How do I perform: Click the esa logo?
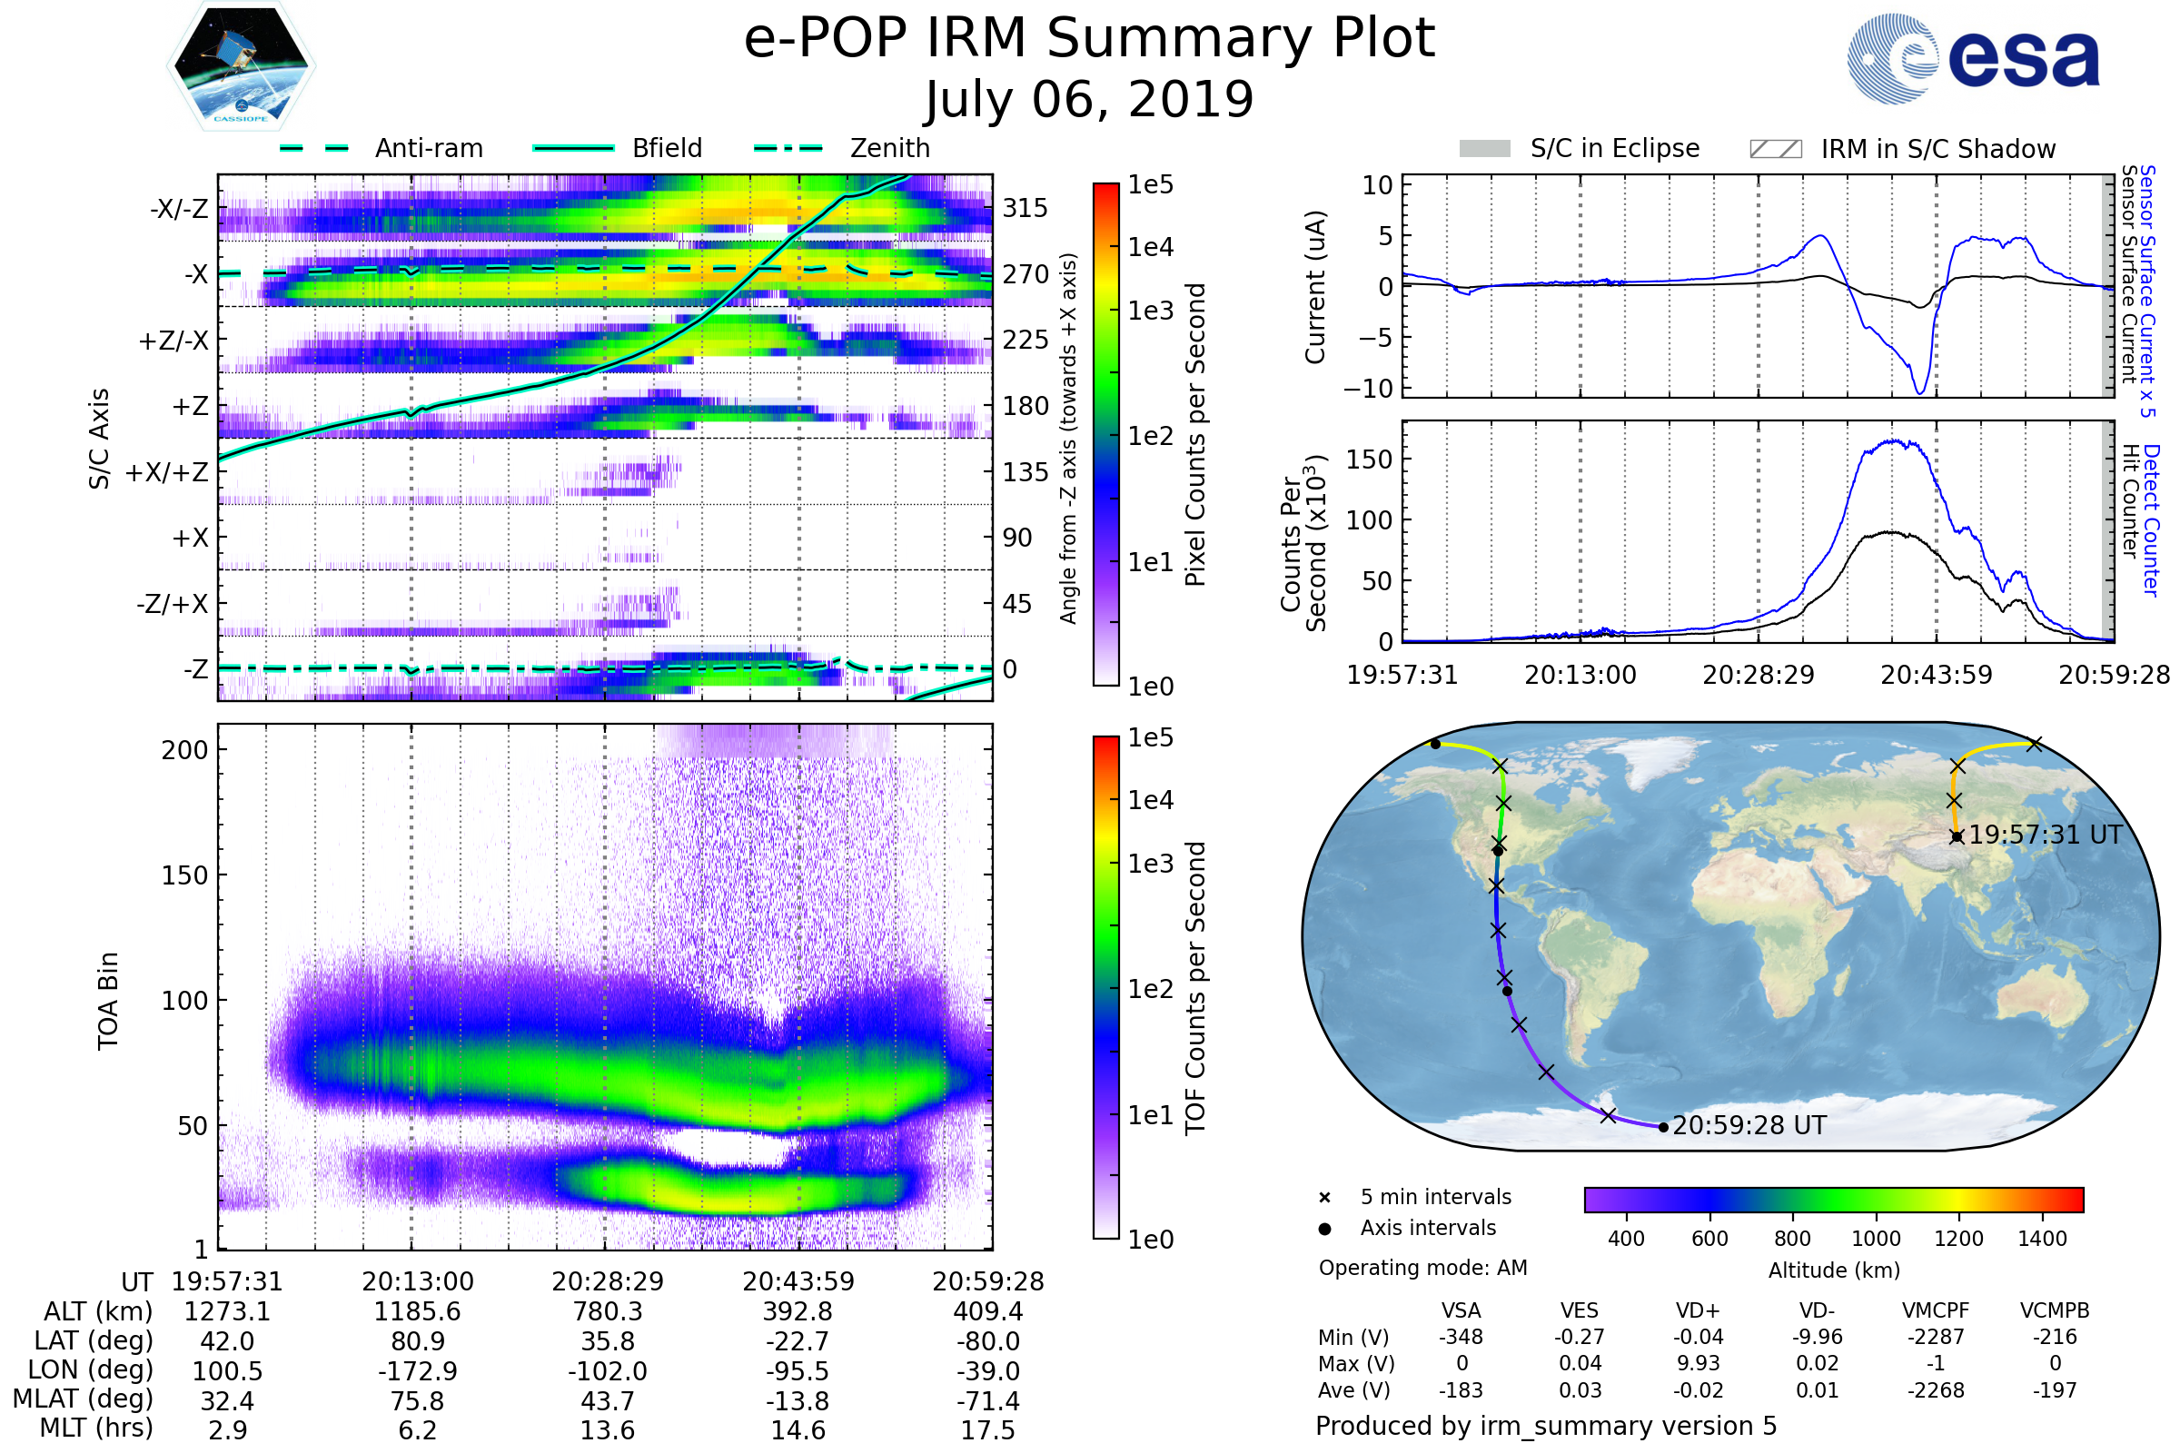[x=1974, y=58]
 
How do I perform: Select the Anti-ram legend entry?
[x=428, y=148]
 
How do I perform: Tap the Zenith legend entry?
[x=889, y=148]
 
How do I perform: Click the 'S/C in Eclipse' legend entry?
[x=1614, y=148]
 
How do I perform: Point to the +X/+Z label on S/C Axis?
[x=167, y=472]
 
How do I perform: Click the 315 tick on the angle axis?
[x=1025, y=208]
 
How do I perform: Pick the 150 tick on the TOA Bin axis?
[x=184, y=875]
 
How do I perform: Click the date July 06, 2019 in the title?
[x=1089, y=100]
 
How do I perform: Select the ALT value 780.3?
[x=607, y=1312]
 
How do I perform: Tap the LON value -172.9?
[x=417, y=1371]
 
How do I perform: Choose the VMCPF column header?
[x=1936, y=1311]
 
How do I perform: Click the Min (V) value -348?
[x=1461, y=1337]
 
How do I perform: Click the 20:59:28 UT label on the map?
[x=1749, y=1126]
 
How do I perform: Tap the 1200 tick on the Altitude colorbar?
[x=1958, y=1239]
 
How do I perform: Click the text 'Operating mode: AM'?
[x=1422, y=1268]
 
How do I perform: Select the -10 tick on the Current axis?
[x=1368, y=389]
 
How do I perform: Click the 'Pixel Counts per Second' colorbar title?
[x=1195, y=435]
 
